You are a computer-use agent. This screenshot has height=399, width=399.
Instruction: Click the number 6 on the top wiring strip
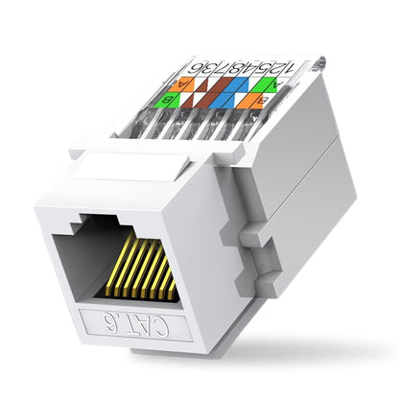click(x=197, y=68)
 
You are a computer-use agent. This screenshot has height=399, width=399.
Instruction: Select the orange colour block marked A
click(x=189, y=83)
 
